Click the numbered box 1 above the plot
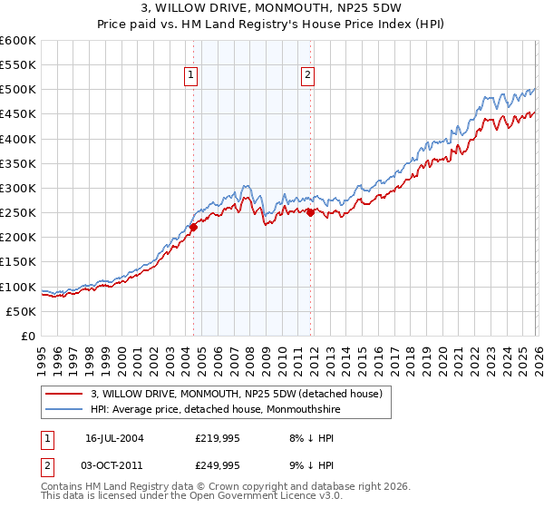(192, 76)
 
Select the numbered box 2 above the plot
(308, 76)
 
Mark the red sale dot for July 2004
(194, 228)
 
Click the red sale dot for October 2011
(310, 213)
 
